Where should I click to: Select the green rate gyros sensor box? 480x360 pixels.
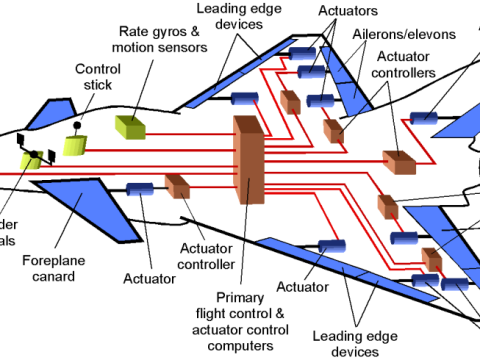[131, 126]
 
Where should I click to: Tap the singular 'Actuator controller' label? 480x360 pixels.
[206, 256]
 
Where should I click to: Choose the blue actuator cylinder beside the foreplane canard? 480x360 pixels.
[139, 189]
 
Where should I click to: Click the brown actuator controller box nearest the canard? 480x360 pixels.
[177, 187]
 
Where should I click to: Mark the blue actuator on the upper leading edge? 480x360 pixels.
[245, 97]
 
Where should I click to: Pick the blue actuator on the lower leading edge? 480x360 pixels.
[330, 246]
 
